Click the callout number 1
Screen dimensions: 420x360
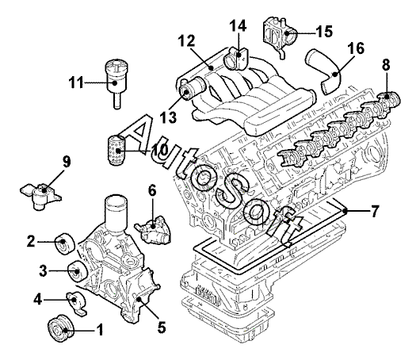(99, 329)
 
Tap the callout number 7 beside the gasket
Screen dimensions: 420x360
(375, 211)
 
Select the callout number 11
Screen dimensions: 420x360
(77, 82)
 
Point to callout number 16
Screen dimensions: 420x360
(356, 48)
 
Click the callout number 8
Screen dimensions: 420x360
(386, 64)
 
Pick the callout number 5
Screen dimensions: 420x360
(162, 327)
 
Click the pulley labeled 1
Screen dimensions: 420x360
(60, 328)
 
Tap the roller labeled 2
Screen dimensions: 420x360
(64, 244)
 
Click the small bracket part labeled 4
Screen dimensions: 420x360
(76, 303)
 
